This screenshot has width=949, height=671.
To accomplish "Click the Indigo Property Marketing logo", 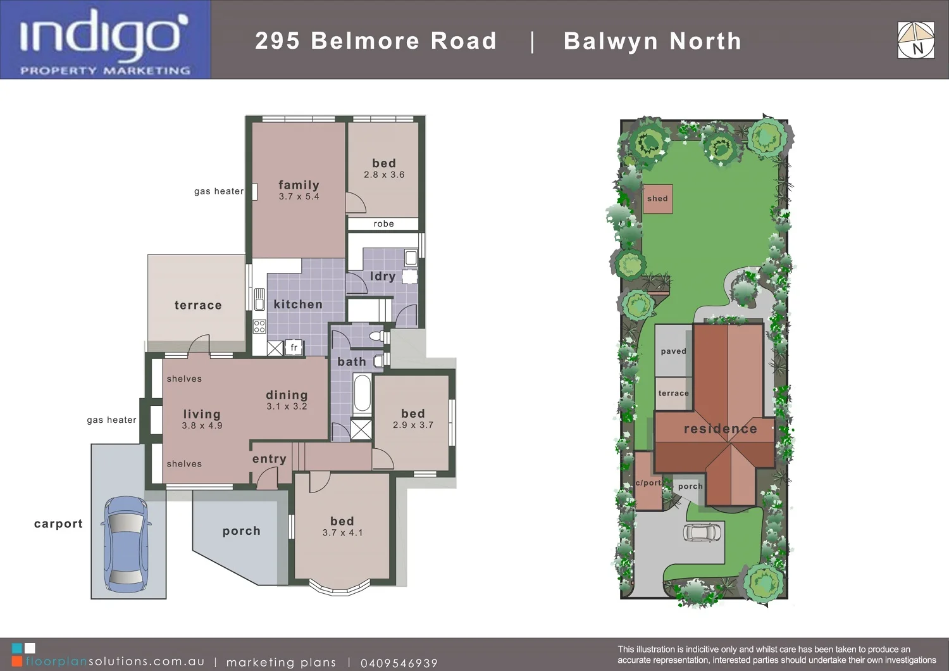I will click(105, 40).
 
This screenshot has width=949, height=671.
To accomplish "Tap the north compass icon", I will click(915, 41).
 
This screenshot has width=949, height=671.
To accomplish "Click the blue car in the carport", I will click(126, 541).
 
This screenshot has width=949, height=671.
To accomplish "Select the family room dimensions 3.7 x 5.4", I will click(299, 197).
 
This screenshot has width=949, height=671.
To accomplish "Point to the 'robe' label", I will click(383, 223).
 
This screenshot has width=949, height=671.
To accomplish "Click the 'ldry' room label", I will click(382, 276).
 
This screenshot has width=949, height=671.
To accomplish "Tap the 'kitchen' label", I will click(298, 304).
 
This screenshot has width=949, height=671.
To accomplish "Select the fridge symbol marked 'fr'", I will click(294, 348).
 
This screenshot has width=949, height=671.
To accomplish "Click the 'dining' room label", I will click(287, 395).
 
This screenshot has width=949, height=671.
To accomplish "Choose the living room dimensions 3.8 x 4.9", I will click(202, 426).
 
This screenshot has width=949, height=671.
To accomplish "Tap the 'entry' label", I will click(269, 459).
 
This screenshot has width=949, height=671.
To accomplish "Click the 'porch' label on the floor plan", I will click(241, 531).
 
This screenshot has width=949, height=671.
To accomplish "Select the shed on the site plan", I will click(657, 199).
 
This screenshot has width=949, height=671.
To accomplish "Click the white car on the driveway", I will click(702, 532).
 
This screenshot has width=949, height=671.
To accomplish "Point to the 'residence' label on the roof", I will click(720, 429).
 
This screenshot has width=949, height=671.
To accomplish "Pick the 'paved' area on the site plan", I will click(673, 351).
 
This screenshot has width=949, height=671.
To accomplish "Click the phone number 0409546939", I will click(399, 663).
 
